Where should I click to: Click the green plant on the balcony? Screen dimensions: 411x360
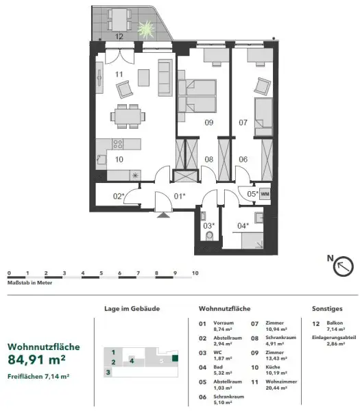click(x=145, y=28)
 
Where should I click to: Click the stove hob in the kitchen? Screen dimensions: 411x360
click(x=117, y=145)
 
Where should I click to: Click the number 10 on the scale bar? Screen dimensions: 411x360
click(x=195, y=273)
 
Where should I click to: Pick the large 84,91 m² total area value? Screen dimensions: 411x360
click(x=36, y=358)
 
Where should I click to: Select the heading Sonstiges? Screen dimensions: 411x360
click(x=326, y=309)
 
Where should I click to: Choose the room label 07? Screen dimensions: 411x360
click(x=243, y=123)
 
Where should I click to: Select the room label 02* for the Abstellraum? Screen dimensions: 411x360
click(x=118, y=197)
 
